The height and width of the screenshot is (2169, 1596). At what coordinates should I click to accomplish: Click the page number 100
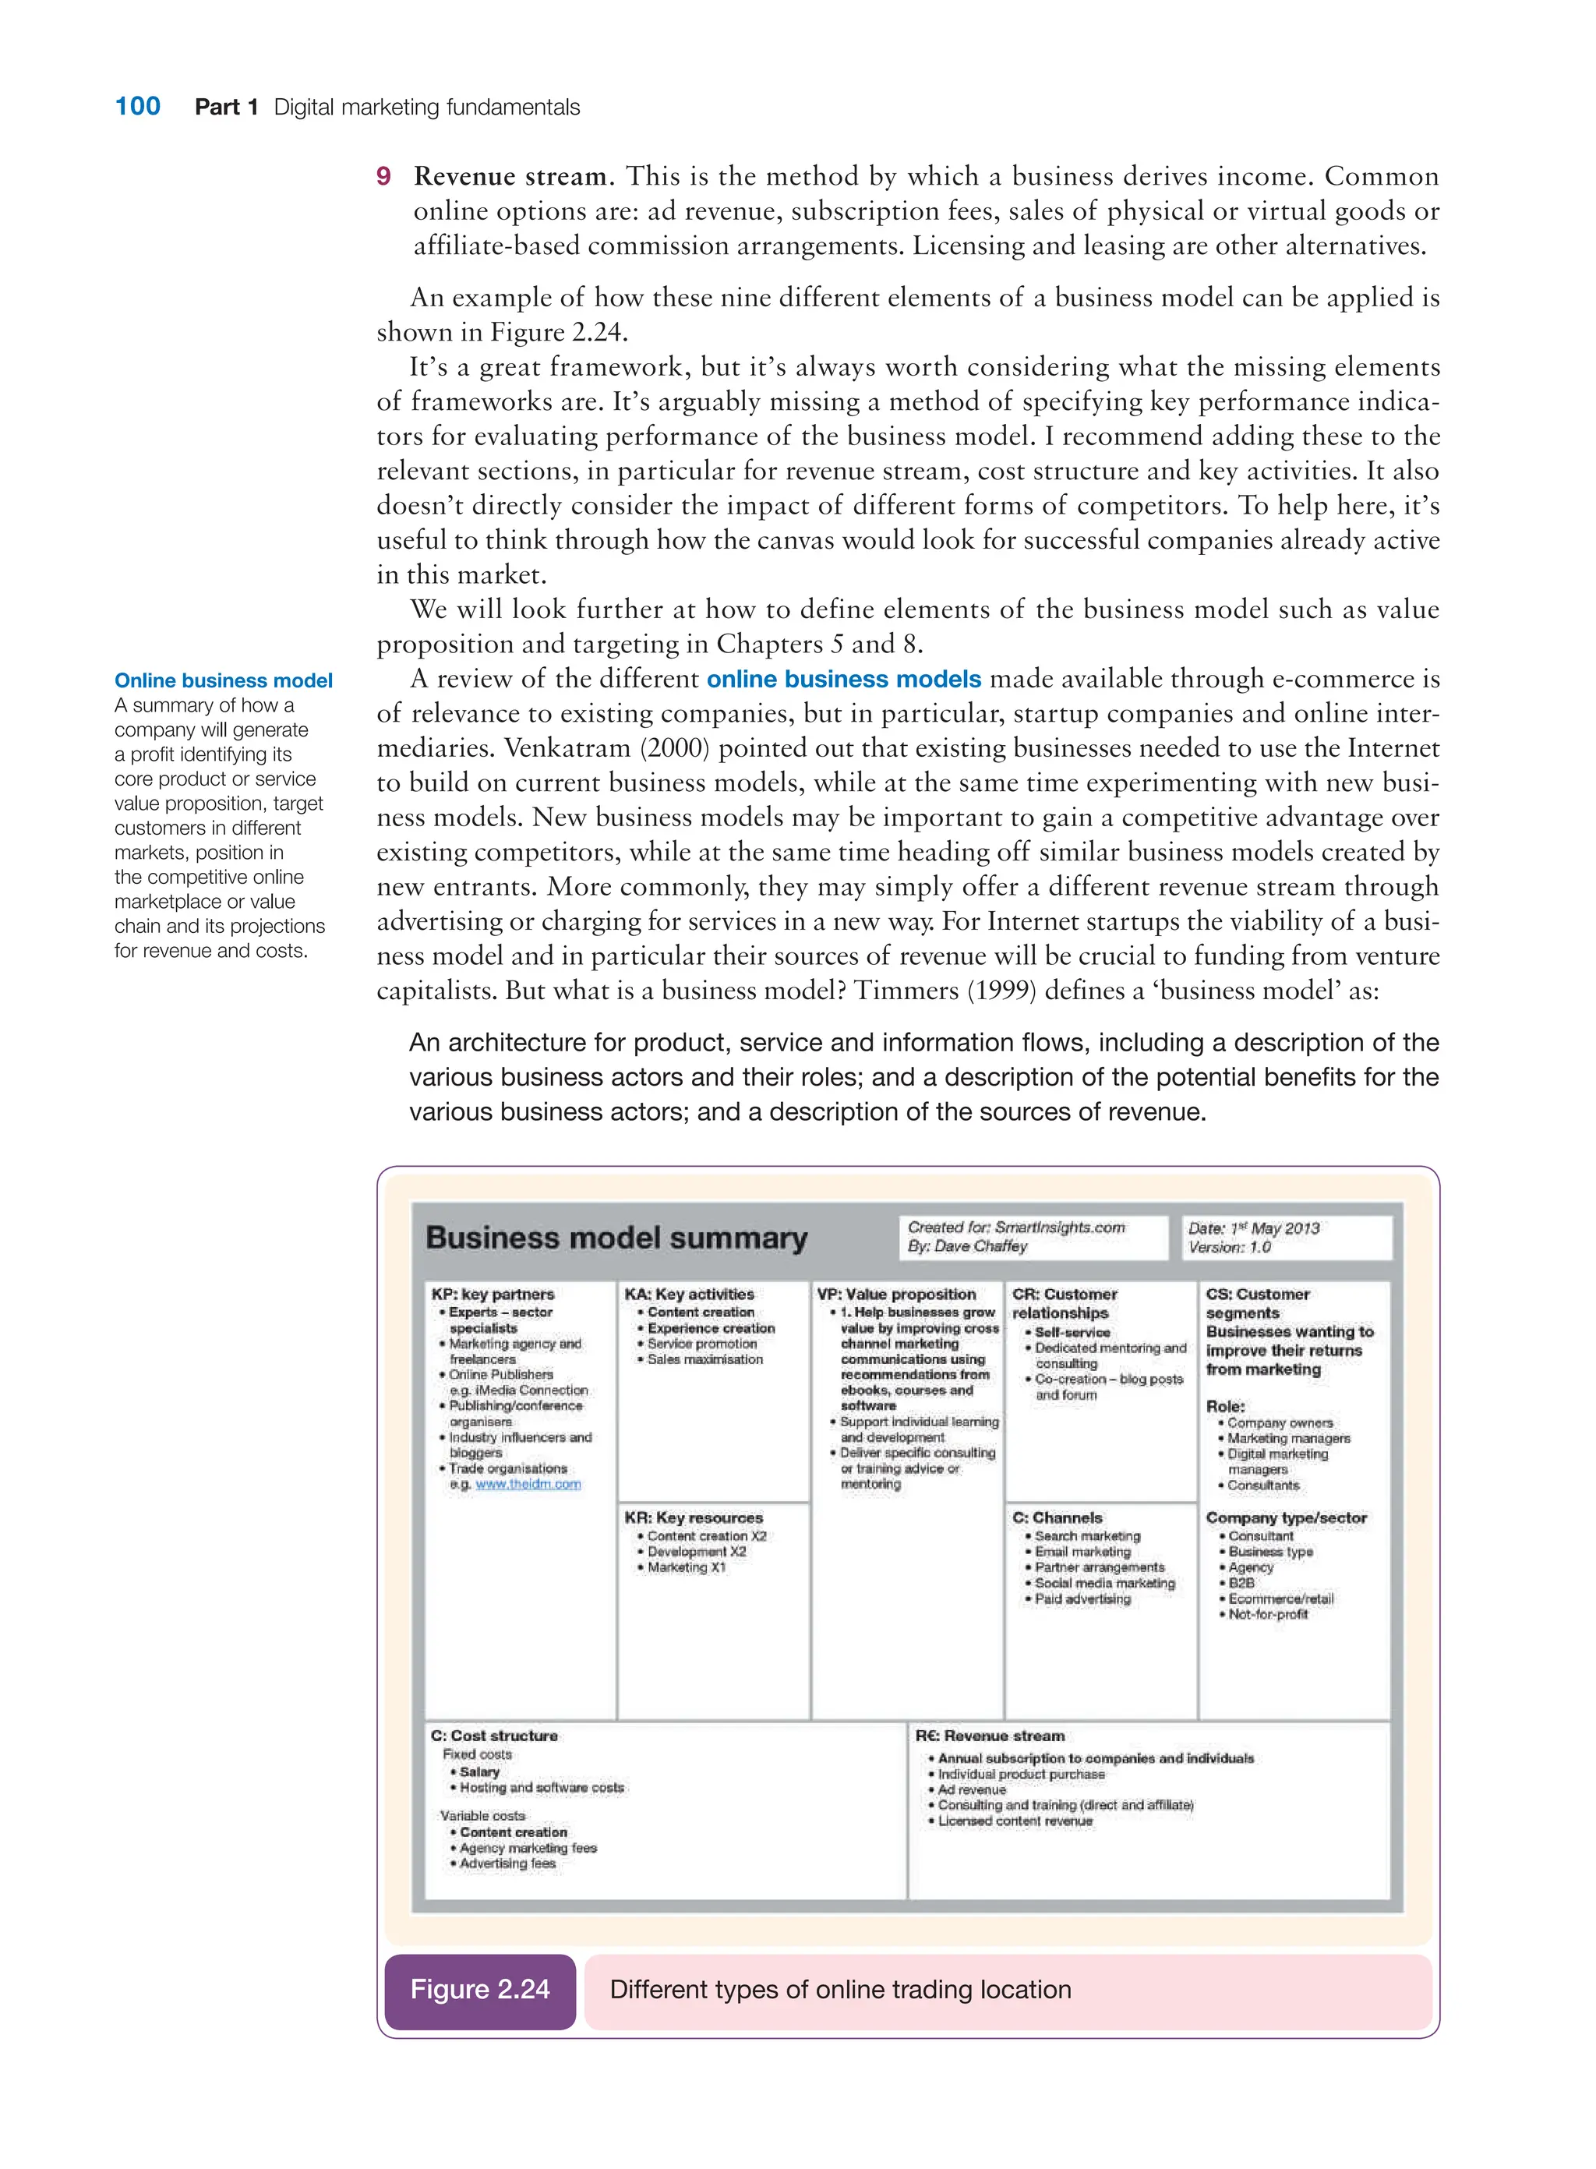click(x=137, y=106)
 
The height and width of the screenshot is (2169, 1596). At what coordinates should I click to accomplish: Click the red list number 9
click(x=383, y=177)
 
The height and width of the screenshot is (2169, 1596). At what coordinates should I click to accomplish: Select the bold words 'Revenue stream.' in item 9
click(x=513, y=177)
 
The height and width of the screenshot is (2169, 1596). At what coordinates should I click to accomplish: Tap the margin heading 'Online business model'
click(x=223, y=680)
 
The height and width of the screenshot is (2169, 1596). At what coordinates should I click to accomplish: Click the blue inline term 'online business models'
click(x=843, y=679)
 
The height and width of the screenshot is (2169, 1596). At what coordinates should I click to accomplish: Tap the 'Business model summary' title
click(x=616, y=1238)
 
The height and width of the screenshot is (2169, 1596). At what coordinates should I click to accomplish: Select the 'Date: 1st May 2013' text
click(x=1253, y=1228)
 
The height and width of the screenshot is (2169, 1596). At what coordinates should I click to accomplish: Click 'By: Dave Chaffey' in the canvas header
click(x=967, y=1246)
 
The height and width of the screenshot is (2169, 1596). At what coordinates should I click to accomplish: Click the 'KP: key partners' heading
click(x=493, y=1294)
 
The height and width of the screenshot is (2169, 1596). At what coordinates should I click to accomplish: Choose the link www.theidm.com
click(x=528, y=1484)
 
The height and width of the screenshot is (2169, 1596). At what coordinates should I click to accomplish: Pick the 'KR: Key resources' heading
click(x=693, y=1517)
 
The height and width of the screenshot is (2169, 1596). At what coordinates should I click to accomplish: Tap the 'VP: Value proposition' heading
click(x=895, y=1294)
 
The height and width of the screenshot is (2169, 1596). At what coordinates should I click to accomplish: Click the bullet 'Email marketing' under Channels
click(x=1082, y=1552)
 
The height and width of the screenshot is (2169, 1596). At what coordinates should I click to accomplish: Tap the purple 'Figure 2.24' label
click(x=479, y=1989)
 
